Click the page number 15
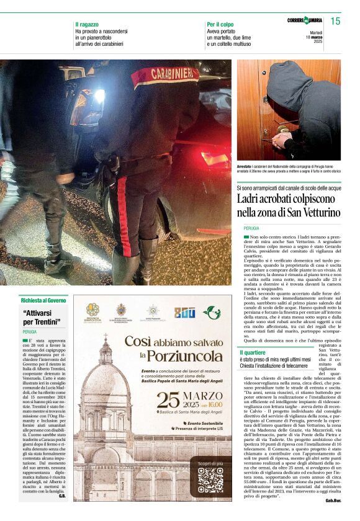(x=335, y=21)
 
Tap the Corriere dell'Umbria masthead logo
(x=304, y=20)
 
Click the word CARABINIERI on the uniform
(x=164, y=74)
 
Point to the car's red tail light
(x=215, y=158)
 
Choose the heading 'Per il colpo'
(x=220, y=24)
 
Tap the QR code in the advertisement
(x=210, y=479)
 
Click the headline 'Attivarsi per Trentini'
(x=42, y=318)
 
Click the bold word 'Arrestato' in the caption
(x=246, y=167)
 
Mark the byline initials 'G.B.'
(x=61, y=496)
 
